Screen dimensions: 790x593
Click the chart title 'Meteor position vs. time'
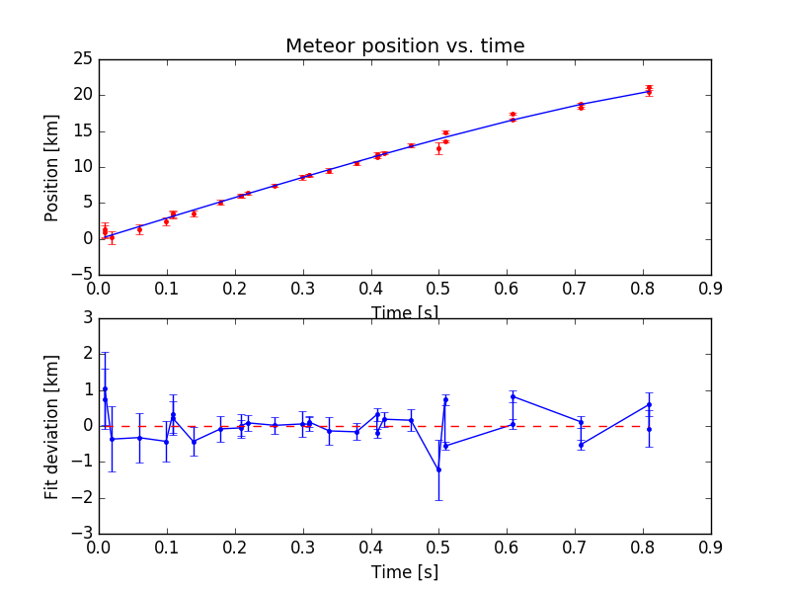tap(405, 45)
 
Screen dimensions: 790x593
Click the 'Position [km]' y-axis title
tap(51, 168)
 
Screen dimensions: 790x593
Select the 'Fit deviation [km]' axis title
tap(51, 427)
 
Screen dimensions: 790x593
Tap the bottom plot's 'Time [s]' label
tap(405, 572)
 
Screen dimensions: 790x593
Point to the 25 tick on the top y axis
tap(83, 59)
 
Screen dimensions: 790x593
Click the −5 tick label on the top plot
tap(82, 275)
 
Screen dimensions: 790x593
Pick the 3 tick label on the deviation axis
tap(88, 318)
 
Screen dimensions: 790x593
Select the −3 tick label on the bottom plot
tap(82, 534)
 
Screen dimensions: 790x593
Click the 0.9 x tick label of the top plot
tap(710, 289)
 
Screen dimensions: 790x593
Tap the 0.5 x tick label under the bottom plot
tap(438, 548)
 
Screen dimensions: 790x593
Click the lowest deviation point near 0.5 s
tap(438, 470)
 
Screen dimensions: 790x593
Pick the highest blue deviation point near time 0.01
tap(106, 388)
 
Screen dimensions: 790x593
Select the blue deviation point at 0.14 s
tap(194, 442)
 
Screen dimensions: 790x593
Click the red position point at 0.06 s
tap(139, 230)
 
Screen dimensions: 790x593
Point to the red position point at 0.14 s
tap(194, 213)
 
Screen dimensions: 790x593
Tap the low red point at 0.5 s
tap(438, 149)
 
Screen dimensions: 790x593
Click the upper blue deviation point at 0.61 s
tap(513, 397)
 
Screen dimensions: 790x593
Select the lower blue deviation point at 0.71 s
tap(581, 445)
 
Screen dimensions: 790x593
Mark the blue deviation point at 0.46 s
tap(411, 420)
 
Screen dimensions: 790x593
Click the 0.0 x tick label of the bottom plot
tap(98, 548)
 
